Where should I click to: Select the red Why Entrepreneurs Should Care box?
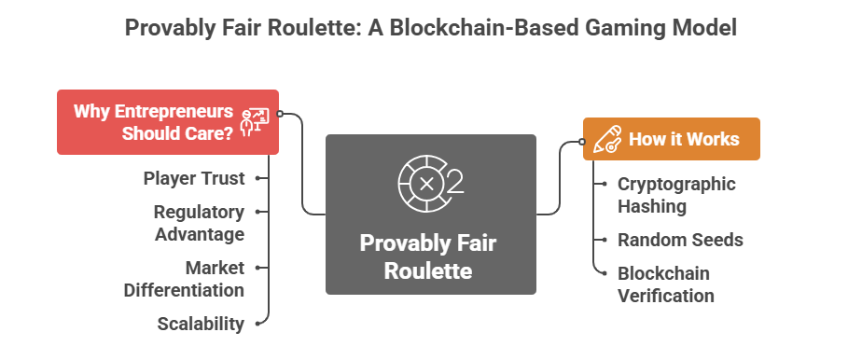[168, 121]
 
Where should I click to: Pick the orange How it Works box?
[671, 139]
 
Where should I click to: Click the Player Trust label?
[194, 177]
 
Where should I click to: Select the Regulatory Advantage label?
[199, 222]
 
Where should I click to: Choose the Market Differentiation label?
[184, 278]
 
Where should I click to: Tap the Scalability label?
[201, 324]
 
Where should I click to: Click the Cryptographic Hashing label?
[676, 194]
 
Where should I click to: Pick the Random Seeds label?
[680, 240]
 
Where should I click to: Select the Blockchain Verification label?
[666, 284]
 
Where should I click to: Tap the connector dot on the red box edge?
[280, 115]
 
